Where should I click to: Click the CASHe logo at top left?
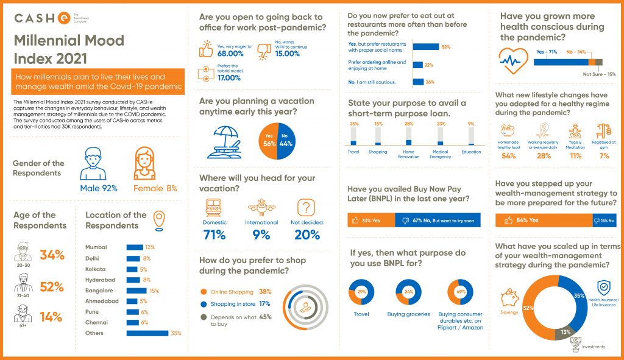[43, 18]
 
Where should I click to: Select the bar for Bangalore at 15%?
[136, 291]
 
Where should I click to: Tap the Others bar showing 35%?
[147, 333]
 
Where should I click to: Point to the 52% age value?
[52, 286]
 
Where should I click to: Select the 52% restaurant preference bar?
[426, 47]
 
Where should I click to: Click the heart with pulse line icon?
[511, 60]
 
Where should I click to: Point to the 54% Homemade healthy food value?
[508, 156]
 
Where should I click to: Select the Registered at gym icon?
[603, 131]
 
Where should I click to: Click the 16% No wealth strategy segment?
[604, 220]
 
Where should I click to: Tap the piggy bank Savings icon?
[509, 298]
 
